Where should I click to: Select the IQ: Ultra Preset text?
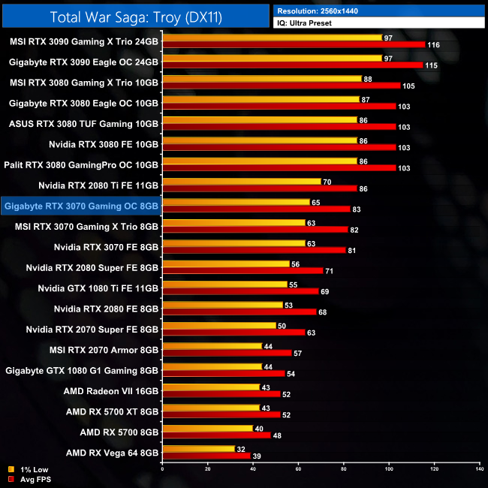(305, 23)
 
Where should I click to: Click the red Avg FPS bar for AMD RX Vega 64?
(206, 456)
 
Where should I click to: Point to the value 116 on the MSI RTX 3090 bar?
(434, 46)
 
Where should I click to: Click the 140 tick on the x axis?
(479, 469)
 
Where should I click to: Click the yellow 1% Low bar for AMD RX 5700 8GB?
(208, 428)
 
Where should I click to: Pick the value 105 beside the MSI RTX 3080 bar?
(409, 86)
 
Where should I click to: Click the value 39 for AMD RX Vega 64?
(257, 456)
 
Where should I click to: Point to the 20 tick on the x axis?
(207, 469)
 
